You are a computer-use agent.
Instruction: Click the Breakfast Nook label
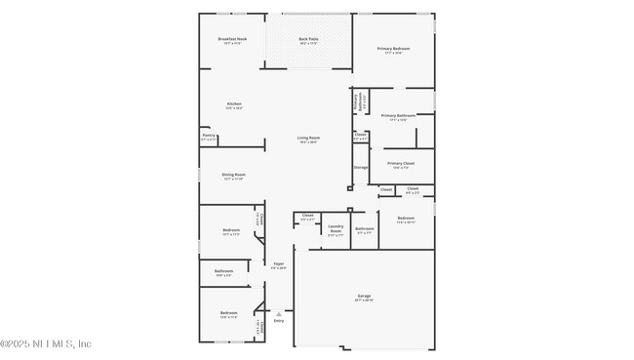[x=232, y=39]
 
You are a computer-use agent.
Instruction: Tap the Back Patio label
[x=309, y=39]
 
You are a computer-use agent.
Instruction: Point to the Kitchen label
[x=234, y=103]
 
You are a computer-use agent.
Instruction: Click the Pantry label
[x=209, y=136]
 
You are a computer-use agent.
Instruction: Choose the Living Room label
[x=308, y=138]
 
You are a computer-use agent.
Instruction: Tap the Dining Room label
[x=233, y=175]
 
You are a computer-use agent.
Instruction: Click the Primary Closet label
[x=401, y=163]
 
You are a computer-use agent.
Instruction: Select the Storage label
[x=361, y=167]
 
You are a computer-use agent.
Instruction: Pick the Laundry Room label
[x=335, y=229]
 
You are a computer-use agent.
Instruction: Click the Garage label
[x=364, y=296]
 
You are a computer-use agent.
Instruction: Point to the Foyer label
[x=279, y=263]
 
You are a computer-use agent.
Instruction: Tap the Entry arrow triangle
[x=279, y=313]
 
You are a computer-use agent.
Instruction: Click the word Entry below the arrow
[x=279, y=320]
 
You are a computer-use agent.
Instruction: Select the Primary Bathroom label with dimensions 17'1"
[x=398, y=115]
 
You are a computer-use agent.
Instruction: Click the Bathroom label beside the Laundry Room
[x=364, y=228]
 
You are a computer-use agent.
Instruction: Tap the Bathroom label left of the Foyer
[x=223, y=270]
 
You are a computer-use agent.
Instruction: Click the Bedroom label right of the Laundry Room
[x=406, y=218]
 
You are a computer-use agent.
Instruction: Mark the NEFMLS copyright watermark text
[x=46, y=343]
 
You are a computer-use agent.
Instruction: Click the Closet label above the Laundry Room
[x=307, y=215]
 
